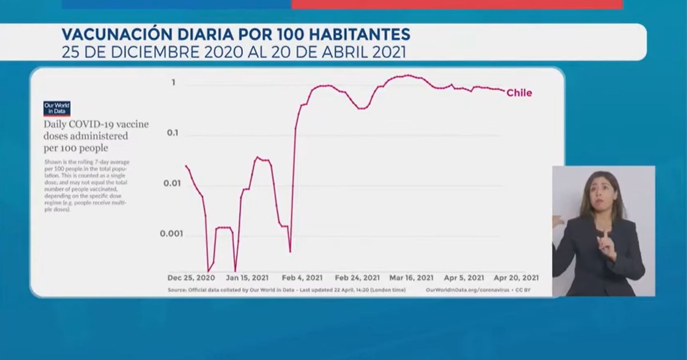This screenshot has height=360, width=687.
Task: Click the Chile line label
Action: click(519, 93)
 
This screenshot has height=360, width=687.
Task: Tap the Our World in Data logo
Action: click(56, 109)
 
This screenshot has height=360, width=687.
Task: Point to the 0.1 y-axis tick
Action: click(173, 133)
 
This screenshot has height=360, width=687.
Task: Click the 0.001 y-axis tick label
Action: click(171, 234)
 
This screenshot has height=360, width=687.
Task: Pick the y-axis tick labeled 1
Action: click(173, 82)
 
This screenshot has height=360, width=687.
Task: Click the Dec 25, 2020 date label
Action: click(191, 278)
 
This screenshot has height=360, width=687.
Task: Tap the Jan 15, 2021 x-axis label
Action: click(247, 278)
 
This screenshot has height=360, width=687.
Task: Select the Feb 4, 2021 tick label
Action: click(302, 278)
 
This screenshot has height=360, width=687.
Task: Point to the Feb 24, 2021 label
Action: click(357, 278)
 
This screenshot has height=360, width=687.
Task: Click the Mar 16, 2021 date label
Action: click(411, 278)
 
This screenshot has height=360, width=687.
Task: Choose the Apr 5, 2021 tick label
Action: click(464, 278)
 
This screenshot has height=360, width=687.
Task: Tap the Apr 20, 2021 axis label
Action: click(516, 278)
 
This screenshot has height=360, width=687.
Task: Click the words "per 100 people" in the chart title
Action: click(76, 148)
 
